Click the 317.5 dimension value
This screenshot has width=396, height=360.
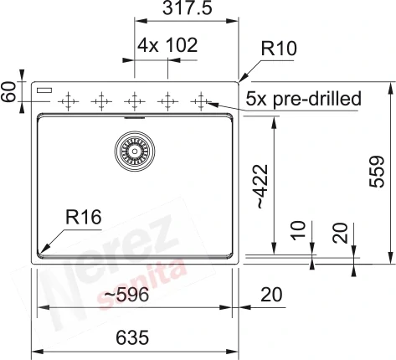188,8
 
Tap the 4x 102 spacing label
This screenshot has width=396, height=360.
167,45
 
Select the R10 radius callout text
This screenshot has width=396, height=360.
279,49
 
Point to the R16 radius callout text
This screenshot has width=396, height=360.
84,217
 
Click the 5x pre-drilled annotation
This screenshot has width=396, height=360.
303,99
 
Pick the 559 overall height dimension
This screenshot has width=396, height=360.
377,172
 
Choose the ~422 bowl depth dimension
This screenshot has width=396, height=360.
262,187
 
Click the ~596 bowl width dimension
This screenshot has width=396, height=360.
126,295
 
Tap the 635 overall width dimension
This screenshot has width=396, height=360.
132,337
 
